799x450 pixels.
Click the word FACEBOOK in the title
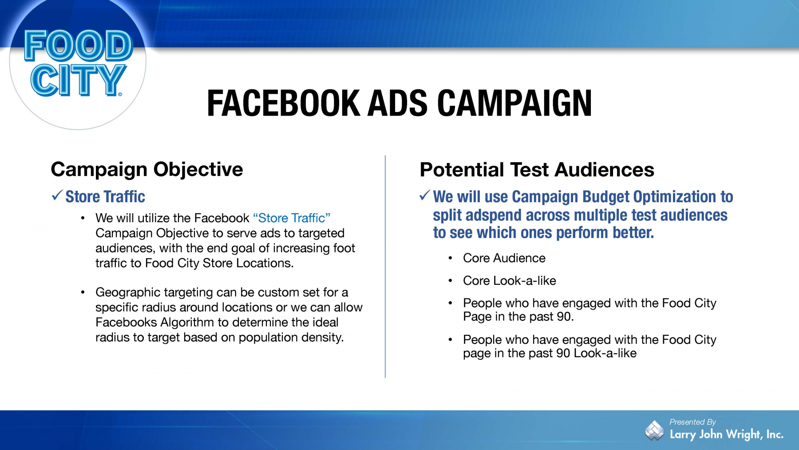click(283, 103)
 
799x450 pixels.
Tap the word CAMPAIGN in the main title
click(514, 103)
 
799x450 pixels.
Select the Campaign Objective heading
click(147, 169)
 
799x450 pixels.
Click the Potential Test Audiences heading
click(537, 170)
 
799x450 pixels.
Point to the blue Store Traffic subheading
click(105, 196)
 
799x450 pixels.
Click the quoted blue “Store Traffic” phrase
click(292, 218)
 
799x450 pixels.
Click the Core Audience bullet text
click(504, 258)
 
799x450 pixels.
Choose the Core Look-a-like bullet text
click(510, 281)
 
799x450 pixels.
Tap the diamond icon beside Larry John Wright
click(654, 430)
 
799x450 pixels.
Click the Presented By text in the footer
click(692, 422)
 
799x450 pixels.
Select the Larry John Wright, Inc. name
click(727, 434)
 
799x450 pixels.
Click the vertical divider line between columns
click(385, 267)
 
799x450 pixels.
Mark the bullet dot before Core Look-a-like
click(450, 281)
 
